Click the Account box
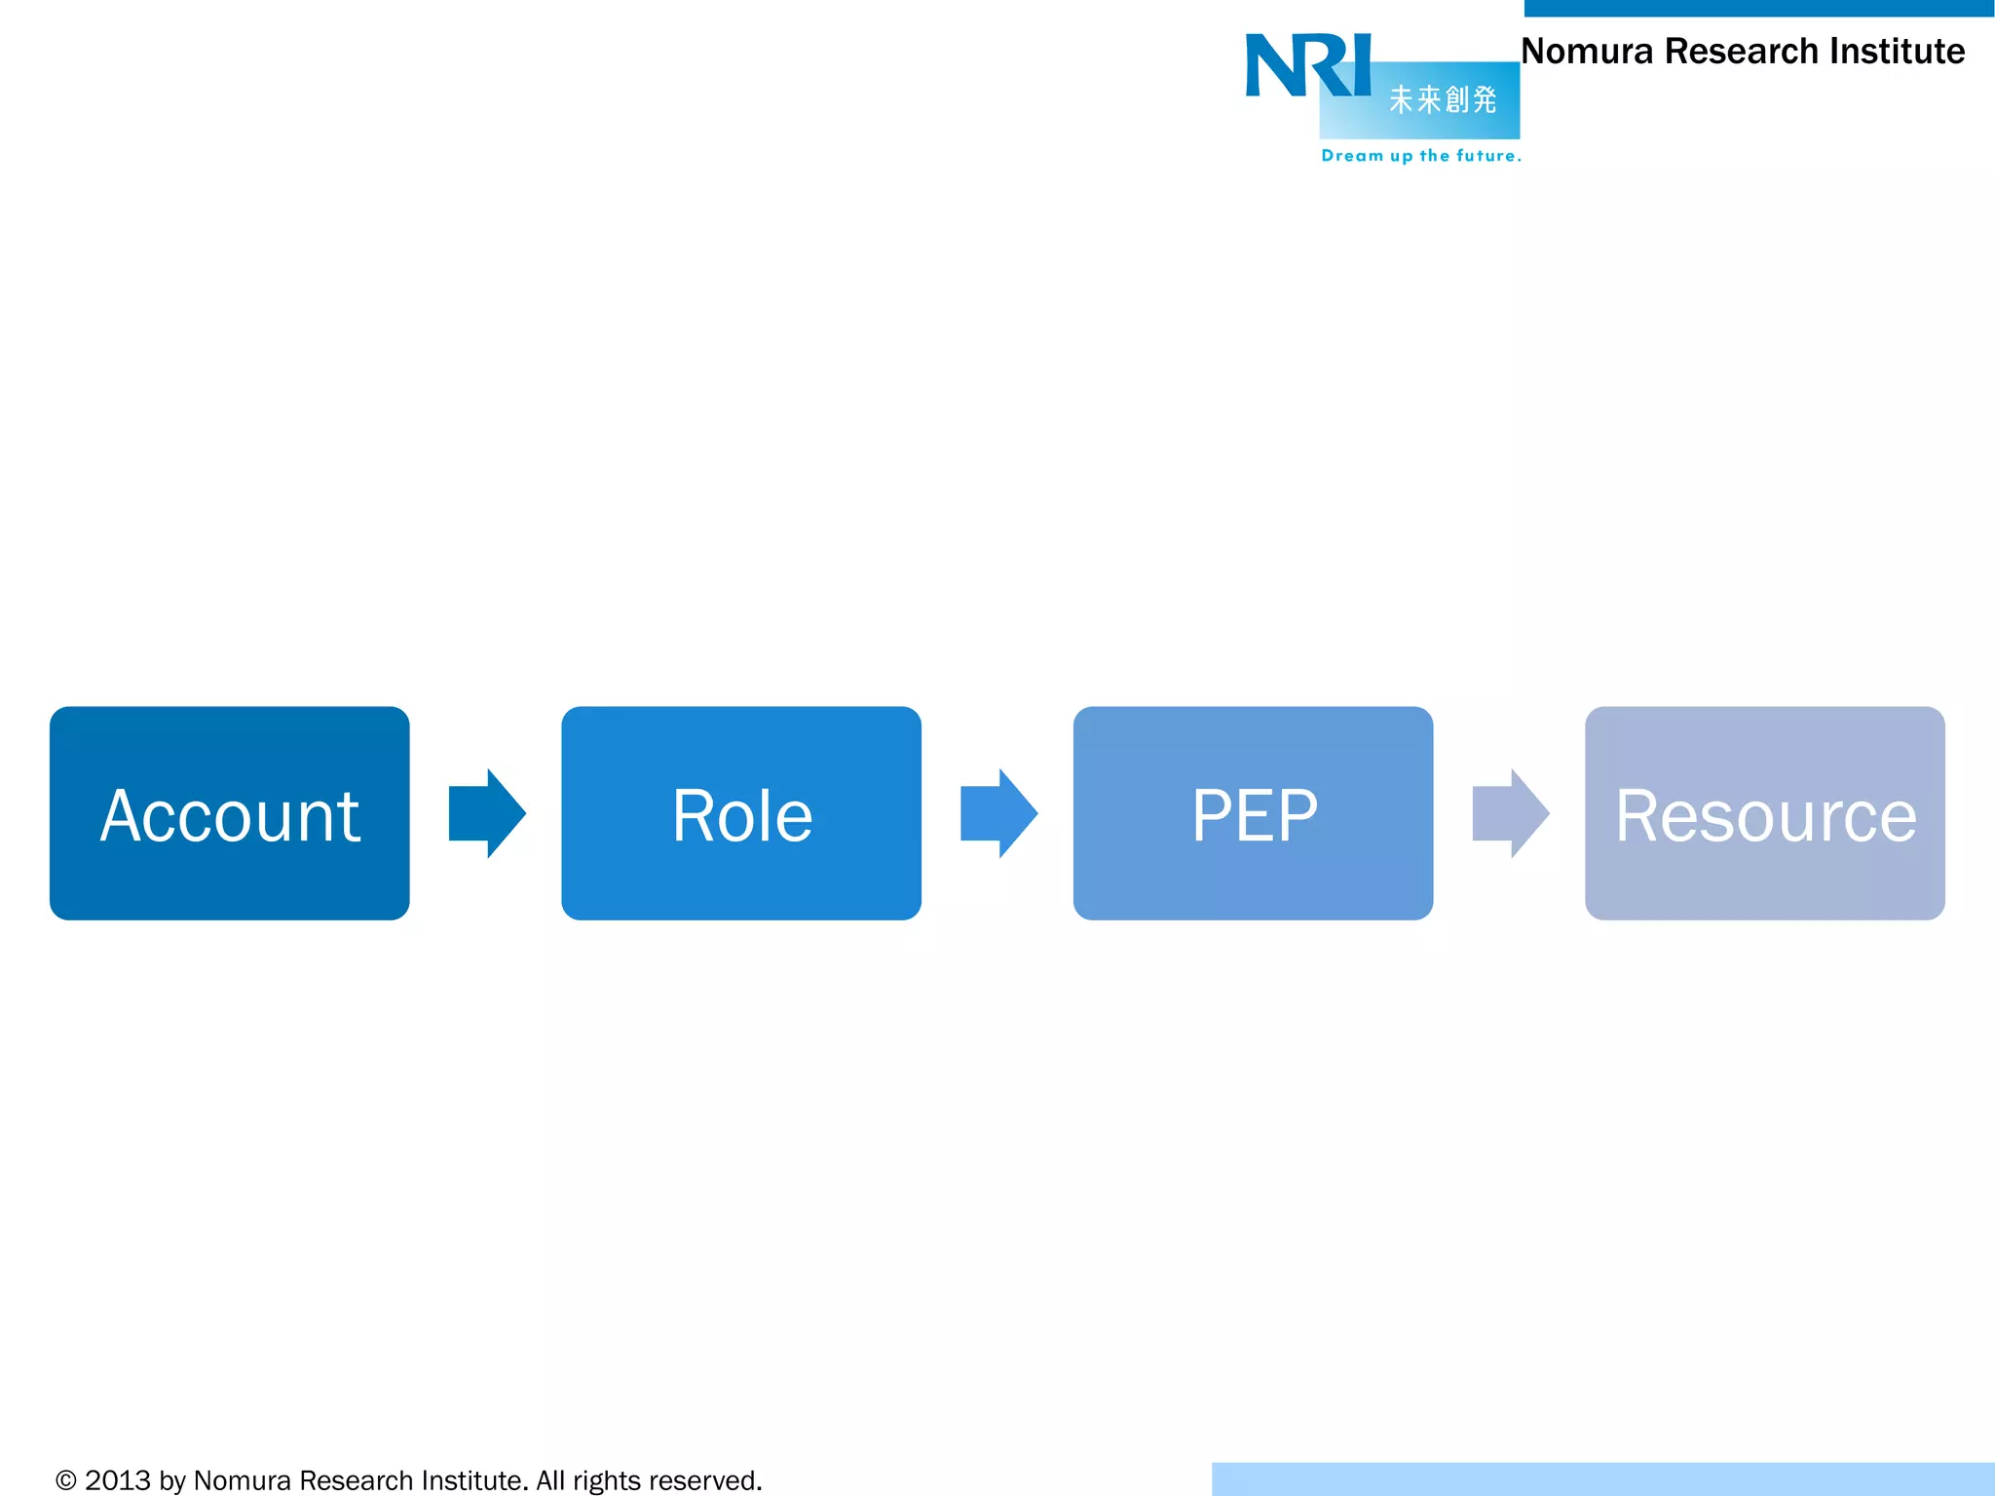click(x=230, y=813)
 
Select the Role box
click(x=741, y=813)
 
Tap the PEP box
click(x=1253, y=813)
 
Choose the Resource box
click(x=1764, y=813)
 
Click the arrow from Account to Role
click(x=486, y=813)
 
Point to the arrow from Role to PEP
click(x=998, y=813)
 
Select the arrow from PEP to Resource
click(x=1510, y=813)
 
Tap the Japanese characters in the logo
click(x=1443, y=99)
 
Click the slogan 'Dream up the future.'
click(x=1420, y=156)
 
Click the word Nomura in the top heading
click(x=1587, y=52)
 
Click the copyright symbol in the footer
click(x=65, y=1480)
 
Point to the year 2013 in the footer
click(x=118, y=1480)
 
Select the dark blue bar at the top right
click(x=1758, y=8)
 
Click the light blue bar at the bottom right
click(x=1602, y=1478)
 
